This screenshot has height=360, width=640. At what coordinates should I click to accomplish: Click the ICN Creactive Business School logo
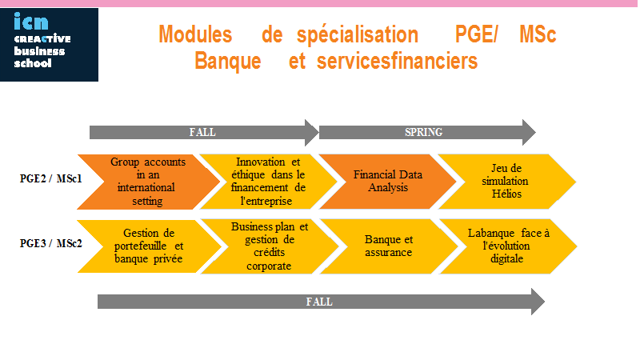(x=49, y=45)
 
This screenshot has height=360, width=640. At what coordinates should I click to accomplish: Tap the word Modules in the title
(x=195, y=34)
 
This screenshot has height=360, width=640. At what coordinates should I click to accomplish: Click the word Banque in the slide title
(x=228, y=62)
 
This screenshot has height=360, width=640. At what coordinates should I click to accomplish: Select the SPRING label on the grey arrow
(x=424, y=132)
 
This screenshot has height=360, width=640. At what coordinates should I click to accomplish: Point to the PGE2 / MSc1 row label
(x=51, y=178)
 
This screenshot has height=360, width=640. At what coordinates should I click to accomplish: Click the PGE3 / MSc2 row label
(x=51, y=243)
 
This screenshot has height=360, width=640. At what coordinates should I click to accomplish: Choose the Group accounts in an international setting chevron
(x=148, y=182)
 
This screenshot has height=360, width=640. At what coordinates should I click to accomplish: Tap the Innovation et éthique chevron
(x=268, y=182)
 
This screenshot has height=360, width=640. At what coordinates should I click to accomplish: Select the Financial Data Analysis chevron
(x=388, y=182)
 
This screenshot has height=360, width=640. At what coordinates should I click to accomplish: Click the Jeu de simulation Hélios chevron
(x=506, y=182)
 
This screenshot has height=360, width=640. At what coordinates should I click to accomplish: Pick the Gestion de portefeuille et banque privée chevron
(x=149, y=246)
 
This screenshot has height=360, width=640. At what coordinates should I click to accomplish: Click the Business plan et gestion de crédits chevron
(x=270, y=246)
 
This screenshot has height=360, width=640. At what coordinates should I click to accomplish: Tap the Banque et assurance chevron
(x=389, y=246)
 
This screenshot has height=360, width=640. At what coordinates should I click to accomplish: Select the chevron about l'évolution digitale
(x=508, y=246)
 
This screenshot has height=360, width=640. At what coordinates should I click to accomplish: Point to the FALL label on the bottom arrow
(x=319, y=302)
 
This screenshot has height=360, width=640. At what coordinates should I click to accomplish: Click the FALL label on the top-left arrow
(x=202, y=132)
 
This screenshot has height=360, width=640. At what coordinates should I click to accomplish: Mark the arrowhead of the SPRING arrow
(x=529, y=132)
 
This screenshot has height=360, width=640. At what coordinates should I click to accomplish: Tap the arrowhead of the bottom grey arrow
(x=538, y=302)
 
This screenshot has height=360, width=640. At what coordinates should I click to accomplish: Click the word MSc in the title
(x=538, y=34)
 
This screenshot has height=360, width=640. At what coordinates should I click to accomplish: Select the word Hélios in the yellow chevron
(x=506, y=194)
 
